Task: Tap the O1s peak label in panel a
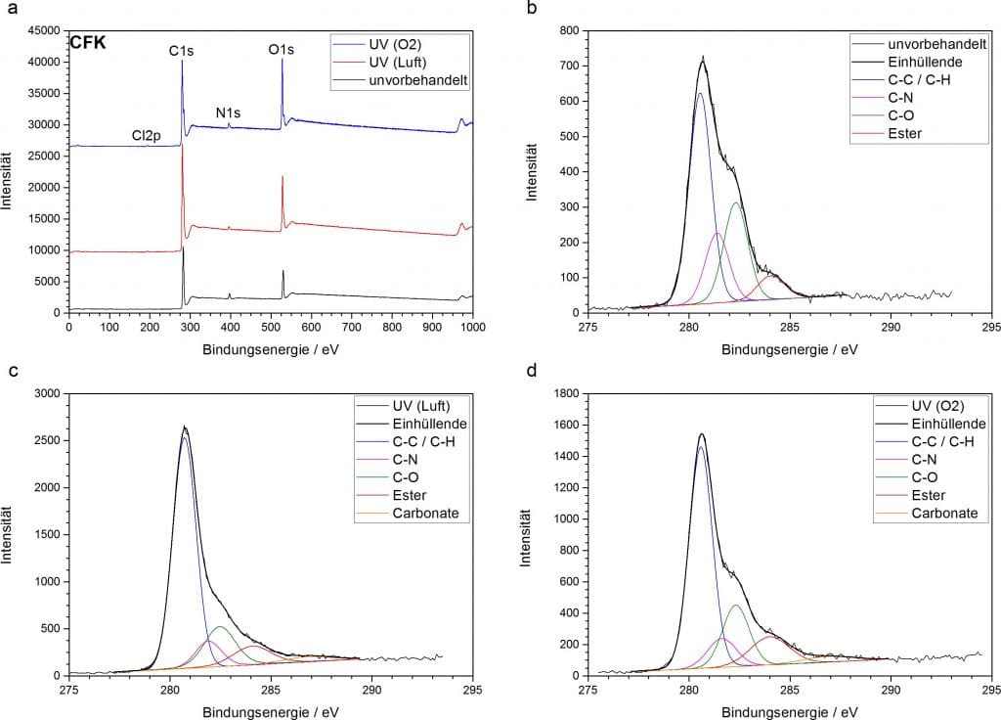[x=282, y=49]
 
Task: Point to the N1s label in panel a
[x=229, y=112]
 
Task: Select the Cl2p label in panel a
[x=147, y=136]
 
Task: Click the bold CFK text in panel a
[x=87, y=42]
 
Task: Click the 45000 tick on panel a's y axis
[x=44, y=30]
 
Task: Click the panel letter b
[x=532, y=9]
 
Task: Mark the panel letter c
[x=12, y=371]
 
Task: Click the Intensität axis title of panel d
[x=533, y=533]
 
